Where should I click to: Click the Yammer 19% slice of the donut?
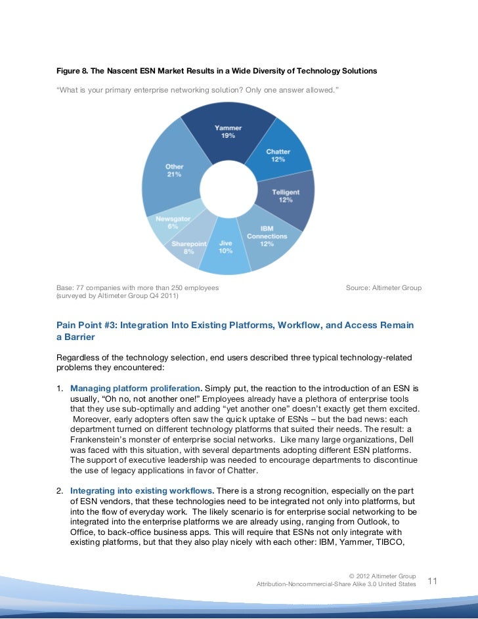point(228,135)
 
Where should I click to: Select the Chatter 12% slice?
point(278,156)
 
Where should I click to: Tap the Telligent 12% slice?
point(286,196)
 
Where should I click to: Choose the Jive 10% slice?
point(225,250)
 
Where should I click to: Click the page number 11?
point(433,581)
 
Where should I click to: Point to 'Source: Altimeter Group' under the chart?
point(383,288)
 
